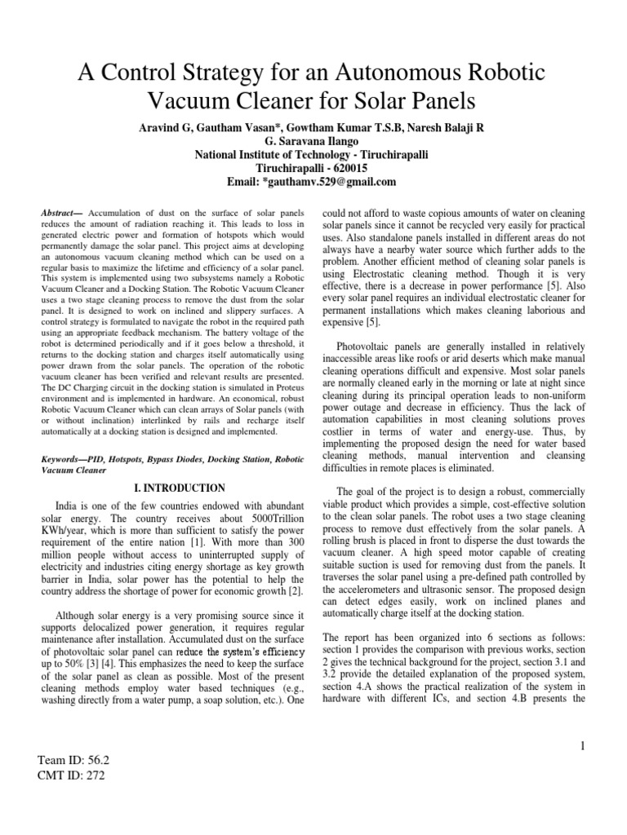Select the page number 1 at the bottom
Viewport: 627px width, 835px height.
(582, 745)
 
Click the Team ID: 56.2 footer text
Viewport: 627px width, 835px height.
(73, 759)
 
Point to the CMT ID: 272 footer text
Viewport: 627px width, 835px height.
(72, 775)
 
